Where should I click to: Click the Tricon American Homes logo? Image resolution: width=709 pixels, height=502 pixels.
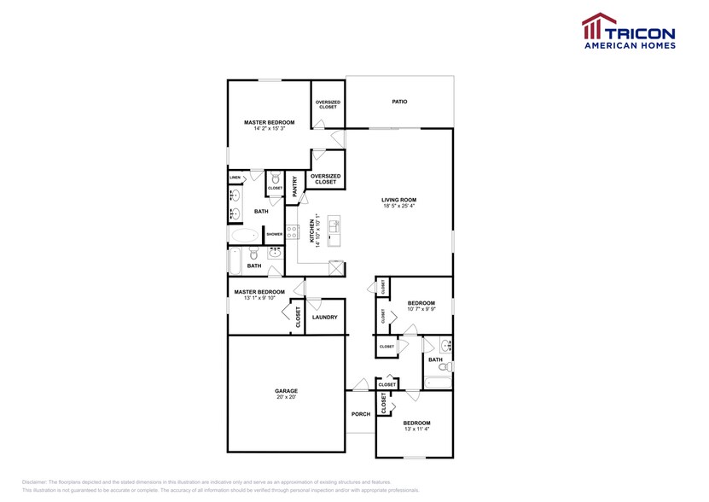pyautogui.click(x=628, y=32)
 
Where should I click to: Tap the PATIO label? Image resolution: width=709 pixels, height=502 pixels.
pyautogui.click(x=399, y=102)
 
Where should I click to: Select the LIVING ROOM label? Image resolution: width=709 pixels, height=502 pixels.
pyautogui.click(x=399, y=200)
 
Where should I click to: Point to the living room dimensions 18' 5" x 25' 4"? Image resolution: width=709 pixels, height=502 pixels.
pyautogui.click(x=399, y=206)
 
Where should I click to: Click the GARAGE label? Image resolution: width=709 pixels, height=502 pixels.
pyautogui.click(x=286, y=391)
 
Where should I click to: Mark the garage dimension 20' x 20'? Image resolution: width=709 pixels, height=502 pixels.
pyautogui.click(x=286, y=398)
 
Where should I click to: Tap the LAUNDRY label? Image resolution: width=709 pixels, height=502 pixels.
pyautogui.click(x=324, y=318)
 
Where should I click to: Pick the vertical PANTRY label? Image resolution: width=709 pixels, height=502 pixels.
pyautogui.click(x=295, y=186)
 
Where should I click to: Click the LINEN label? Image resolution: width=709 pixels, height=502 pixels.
pyautogui.click(x=235, y=178)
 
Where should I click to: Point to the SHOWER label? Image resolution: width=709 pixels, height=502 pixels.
pyautogui.click(x=274, y=234)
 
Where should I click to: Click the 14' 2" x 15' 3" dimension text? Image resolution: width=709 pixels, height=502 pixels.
pyautogui.click(x=269, y=129)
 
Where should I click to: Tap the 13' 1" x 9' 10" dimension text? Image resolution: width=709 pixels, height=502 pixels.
pyautogui.click(x=258, y=298)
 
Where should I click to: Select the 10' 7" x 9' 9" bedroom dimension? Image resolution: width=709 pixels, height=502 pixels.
pyautogui.click(x=421, y=309)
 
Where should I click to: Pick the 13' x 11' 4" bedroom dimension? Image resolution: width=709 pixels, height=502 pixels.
pyautogui.click(x=416, y=429)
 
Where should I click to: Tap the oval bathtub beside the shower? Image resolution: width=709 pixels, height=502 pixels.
pyautogui.click(x=244, y=234)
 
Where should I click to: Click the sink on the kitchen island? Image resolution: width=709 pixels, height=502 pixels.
pyautogui.click(x=334, y=226)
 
